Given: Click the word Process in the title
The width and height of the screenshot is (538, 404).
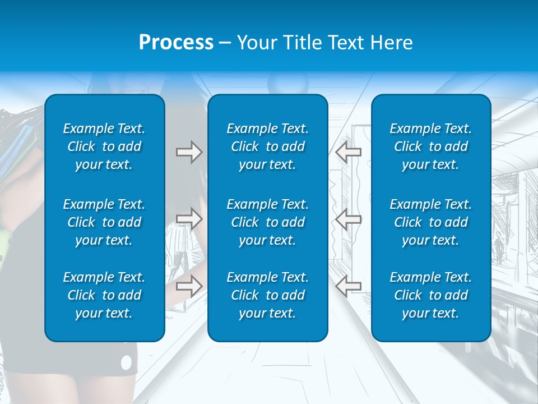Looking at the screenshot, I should [x=176, y=43].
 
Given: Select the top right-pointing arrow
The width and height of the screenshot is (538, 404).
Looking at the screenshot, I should [x=189, y=152].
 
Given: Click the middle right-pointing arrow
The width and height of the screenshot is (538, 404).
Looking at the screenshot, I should [x=189, y=219].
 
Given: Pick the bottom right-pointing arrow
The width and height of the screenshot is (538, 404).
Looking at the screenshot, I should [x=189, y=286].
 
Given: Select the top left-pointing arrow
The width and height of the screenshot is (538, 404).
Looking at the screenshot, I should [x=348, y=152].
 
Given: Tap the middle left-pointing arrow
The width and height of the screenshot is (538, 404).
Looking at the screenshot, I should [x=348, y=219].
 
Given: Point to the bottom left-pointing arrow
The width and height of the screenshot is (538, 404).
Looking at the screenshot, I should [x=348, y=286].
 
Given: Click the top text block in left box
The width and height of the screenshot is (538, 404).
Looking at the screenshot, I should [x=104, y=146].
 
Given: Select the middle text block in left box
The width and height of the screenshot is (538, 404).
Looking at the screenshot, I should [x=104, y=222].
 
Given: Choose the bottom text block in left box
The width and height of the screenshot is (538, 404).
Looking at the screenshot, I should [x=104, y=295].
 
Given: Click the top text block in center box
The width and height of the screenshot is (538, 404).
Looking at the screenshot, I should [x=267, y=146].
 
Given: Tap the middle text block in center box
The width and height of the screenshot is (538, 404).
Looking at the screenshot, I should [x=267, y=222].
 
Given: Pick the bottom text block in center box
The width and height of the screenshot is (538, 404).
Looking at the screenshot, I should [x=267, y=295].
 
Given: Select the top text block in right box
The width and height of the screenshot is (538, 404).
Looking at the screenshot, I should [x=430, y=146].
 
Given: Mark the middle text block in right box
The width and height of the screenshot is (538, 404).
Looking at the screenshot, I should [x=430, y=222].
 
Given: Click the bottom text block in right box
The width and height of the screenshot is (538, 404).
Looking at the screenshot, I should [x=430, y=295].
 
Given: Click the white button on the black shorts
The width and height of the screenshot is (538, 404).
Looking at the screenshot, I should [x=126, y=363].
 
